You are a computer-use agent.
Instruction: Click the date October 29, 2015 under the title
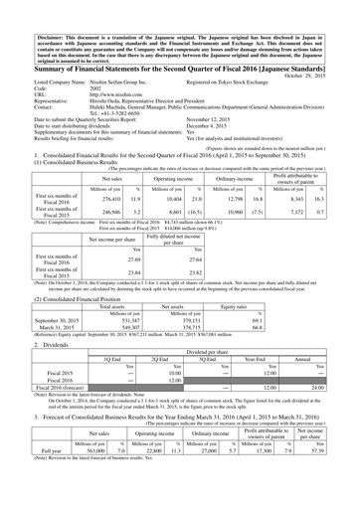tap(329, 74)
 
